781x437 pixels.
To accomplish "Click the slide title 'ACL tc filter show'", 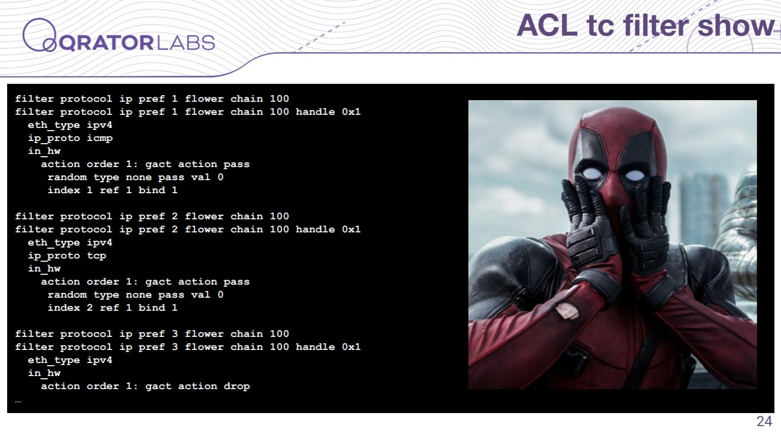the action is point(645,26).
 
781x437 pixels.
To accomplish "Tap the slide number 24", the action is point(764,421).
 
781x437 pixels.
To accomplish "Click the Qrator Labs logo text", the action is point(137,43).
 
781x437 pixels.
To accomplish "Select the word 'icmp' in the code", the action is point(100,138).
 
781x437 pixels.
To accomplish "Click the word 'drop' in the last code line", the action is point(237,386).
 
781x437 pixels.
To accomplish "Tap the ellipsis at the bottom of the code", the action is point(18,402).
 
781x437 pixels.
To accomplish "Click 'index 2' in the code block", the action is point(70,307).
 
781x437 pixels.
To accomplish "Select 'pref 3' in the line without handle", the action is point(158,334).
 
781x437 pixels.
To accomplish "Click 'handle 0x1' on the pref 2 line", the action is point(328,230).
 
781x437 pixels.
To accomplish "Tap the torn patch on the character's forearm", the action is point(567,311).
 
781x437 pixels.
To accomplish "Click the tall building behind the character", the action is point(701,210).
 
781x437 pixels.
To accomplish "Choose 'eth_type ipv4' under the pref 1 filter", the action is point(70,125).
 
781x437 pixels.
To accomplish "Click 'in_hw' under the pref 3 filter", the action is point(44,373).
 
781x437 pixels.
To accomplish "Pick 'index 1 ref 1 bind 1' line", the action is point(113,190).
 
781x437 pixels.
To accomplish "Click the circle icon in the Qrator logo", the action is point(39,35).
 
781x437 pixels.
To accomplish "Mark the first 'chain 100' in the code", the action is point(260,99).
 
